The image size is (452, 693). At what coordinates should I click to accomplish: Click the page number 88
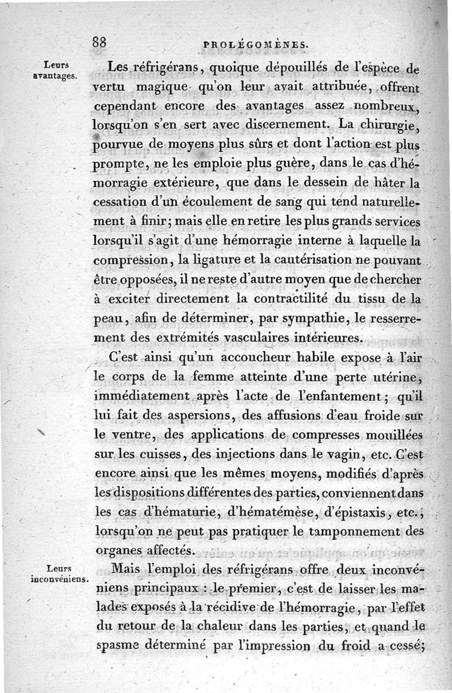tap(102, 42)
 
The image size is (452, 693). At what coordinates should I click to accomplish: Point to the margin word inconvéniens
tap(60, 579)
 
